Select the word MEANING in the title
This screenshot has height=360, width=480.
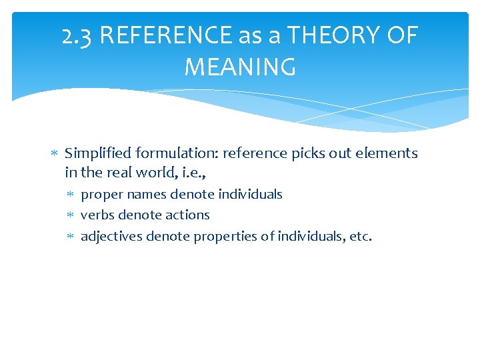pyautogui.click(x=240, y=67)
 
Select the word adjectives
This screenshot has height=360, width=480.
pyautogui.click(x=111, y=235)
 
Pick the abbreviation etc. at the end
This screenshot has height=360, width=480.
pyautogui.click(x=361, y=235)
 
